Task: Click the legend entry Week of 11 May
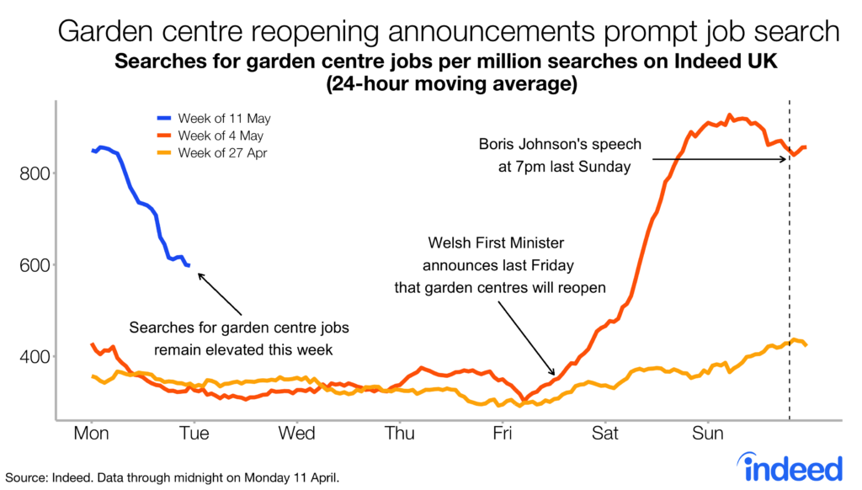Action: coord(224,119)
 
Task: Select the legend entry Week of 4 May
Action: coord(221,136)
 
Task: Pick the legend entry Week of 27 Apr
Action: coord(223,152)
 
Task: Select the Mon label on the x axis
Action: coord(91,434)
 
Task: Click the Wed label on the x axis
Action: coord(296,434)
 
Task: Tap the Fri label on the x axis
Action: coord(503,434)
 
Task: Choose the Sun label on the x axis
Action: coord(707,434)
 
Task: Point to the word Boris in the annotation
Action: coord(498,145)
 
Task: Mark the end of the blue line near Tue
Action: coord(189,265)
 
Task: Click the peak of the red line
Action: coord(730,115)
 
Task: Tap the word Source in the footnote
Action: coord(24,478)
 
